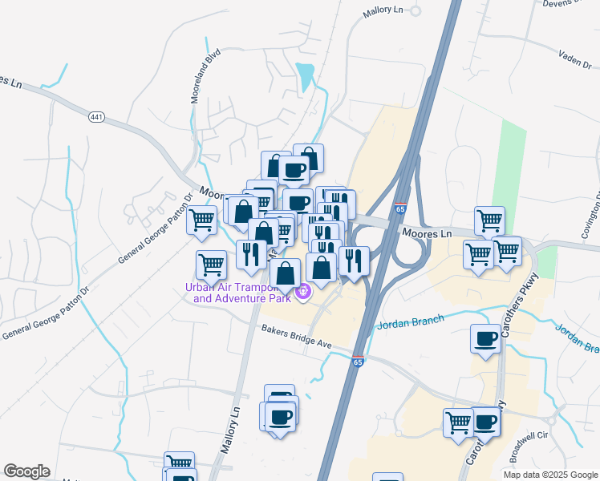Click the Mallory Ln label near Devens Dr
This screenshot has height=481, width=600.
(381, 10)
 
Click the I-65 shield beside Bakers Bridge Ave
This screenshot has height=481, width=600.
(358, 362)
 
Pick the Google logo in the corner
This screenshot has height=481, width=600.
(26, 471)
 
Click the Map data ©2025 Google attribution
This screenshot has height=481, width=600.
(549, 475)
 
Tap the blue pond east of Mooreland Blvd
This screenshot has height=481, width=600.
(305, 76)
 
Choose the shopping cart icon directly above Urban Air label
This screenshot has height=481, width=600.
(212, 264)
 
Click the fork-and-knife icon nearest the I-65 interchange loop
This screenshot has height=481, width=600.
(353, 259)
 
